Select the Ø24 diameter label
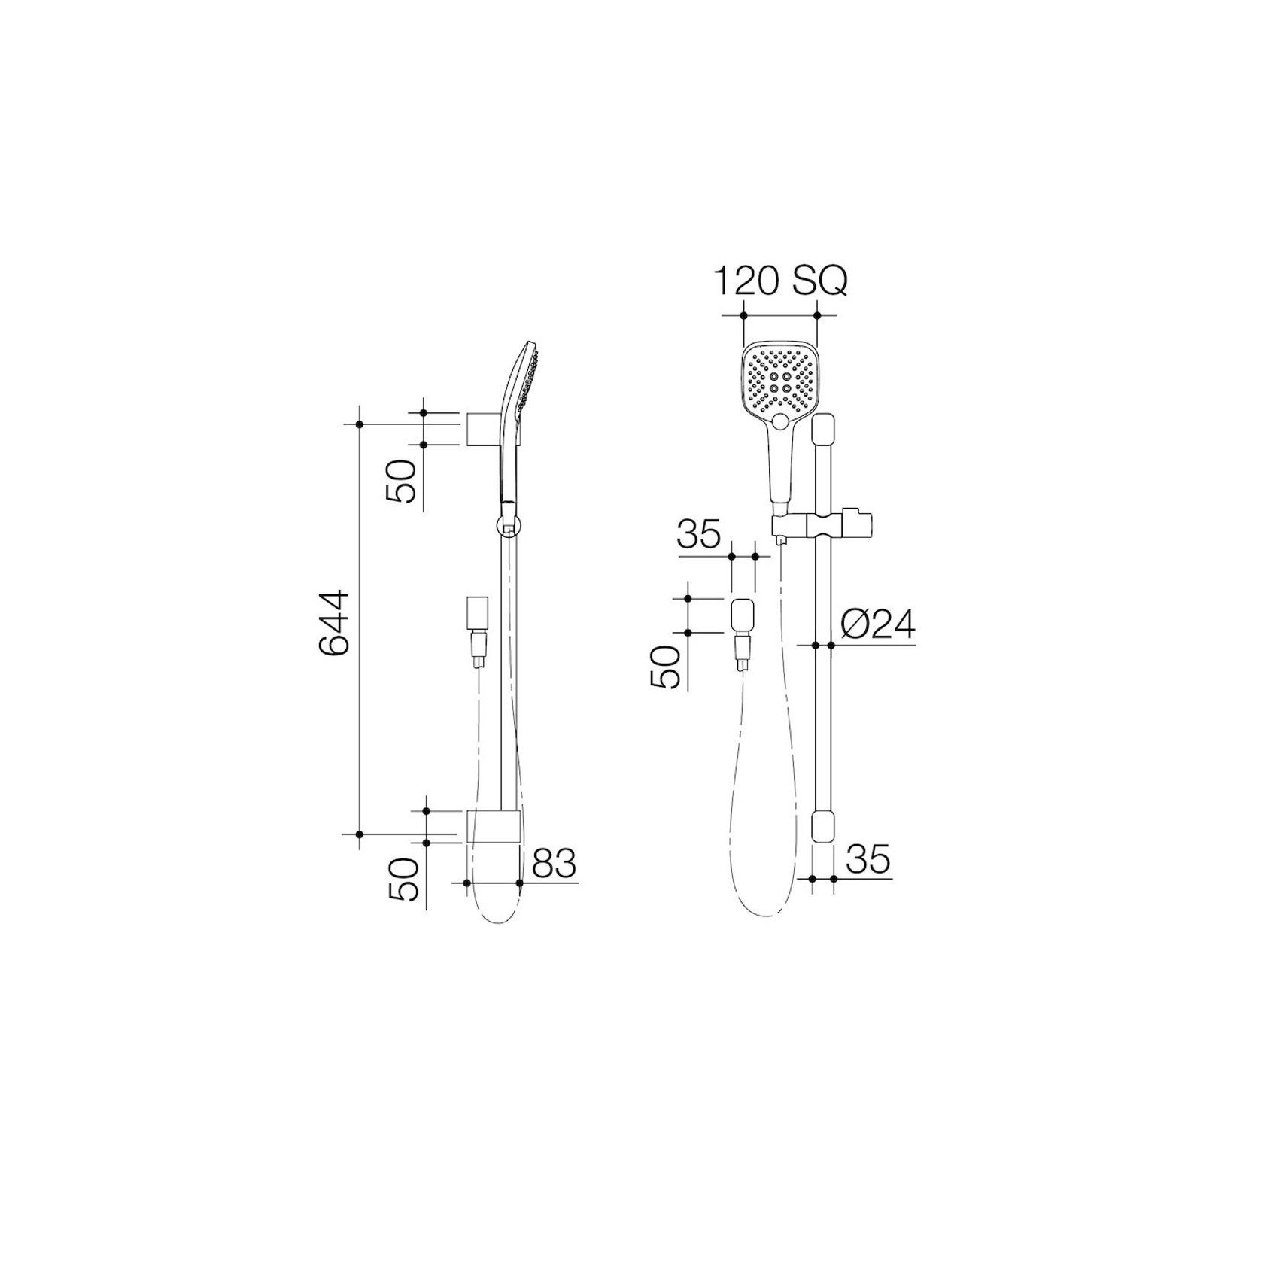pyautogui.click(x=877, y=624)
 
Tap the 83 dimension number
pyautogui.click(x=554, y=864)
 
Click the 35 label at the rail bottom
pyautogui.click(x=868, y=859)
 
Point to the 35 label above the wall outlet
pyautogui.click(x=699, y=536)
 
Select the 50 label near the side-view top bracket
pyautogui.click(x=401, y=481)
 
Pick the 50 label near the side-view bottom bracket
pyautogui.click(x=404, y=878)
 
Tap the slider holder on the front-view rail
pyautogui.click(x=824, y=524)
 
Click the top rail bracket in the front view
pyautogui.click(x=823, y=432)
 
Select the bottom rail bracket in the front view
pyautogui.click(x=823, y=834)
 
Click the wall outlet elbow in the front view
pyautogui.click(x=742, y=615)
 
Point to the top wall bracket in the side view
pyautogui.click(x=483, y=428)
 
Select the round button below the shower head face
pyautogui.click(x=779, y=421)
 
